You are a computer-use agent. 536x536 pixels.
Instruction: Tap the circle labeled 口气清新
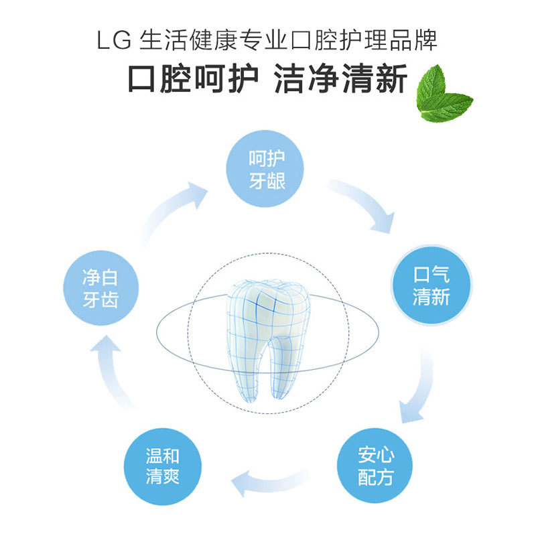(x=431, y=285)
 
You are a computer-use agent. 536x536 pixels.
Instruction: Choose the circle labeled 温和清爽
(x=163, y=466)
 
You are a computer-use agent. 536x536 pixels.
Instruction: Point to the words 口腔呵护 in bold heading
(x=193, y=80)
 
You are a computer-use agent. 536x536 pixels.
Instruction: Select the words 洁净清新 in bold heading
(x=341, y=80)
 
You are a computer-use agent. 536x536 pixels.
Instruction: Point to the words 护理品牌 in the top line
(x=395, y=41)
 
